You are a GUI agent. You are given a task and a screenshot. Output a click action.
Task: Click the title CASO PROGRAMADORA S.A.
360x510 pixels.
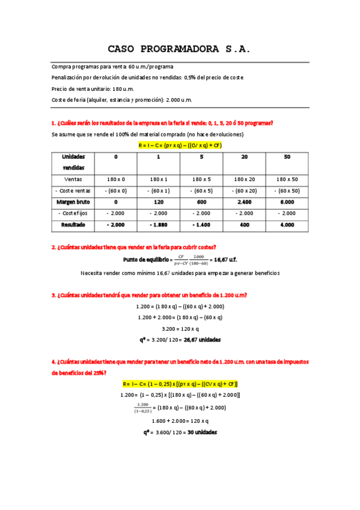[x=179, y=48]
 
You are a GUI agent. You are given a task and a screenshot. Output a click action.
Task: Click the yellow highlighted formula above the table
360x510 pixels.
[x=180, y=145]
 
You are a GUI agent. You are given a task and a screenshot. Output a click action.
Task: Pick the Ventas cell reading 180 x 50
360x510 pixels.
[x=287, y=179]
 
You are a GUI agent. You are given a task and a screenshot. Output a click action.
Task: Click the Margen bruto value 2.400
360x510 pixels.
[x=244, y=202]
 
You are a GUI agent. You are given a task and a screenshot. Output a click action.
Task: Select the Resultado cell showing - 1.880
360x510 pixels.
[x=159, y=225]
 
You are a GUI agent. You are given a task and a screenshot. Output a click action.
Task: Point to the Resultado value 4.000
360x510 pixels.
[x=287, y=225]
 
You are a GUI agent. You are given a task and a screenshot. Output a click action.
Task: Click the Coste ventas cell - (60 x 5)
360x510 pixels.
[x=201, y=191]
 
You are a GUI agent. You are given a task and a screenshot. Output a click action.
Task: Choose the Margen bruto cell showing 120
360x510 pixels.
[x=159, y=202]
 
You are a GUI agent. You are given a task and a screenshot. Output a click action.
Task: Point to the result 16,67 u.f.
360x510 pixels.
[x=225, y=259]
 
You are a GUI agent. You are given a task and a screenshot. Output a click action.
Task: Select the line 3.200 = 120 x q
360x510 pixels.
[x=180, y=328]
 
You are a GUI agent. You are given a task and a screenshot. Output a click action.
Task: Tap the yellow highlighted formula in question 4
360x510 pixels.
[x=180, y=384]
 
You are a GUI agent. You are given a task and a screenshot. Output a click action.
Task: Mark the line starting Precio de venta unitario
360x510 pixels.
[x=93, y=88]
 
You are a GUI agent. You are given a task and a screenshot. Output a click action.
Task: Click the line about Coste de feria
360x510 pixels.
[x=122, y=100]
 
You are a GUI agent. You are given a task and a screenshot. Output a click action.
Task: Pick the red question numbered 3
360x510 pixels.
[x=150, y=295]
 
